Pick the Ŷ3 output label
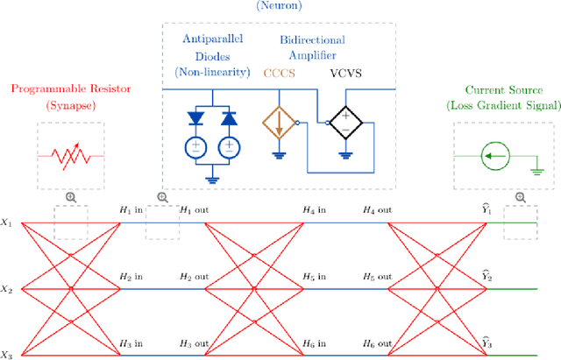[487, 341]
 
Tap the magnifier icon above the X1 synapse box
[70, 197]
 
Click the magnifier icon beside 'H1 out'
[161, 197]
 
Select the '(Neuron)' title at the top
[280, 6]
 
